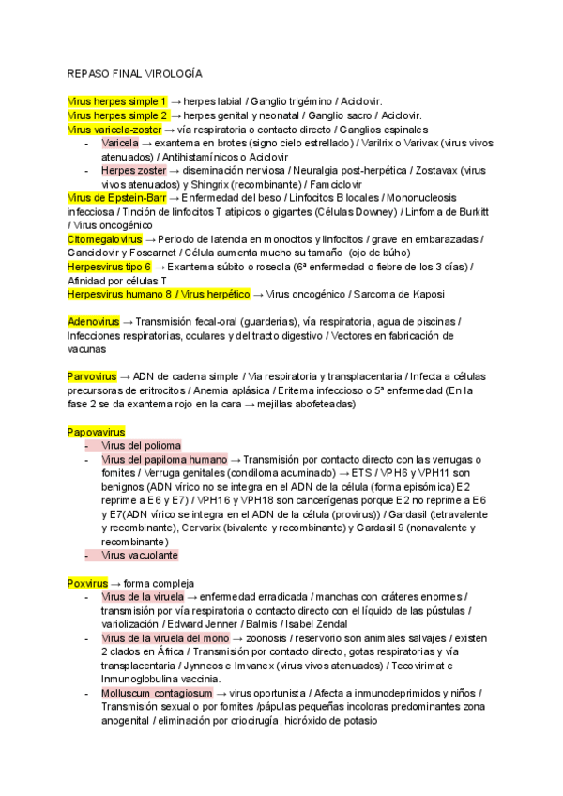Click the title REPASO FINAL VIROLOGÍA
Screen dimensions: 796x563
coord(134,72)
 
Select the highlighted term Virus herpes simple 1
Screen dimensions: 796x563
coord(117,101)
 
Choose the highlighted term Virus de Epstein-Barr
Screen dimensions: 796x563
coord(116,198)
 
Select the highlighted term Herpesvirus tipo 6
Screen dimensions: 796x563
coord(110,267)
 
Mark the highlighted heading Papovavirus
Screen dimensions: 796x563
coord(97,431)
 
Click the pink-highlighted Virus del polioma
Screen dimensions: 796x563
coord(141,445)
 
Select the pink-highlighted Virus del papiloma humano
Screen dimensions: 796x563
coord(163,459)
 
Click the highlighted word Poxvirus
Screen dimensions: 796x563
coord(88,583)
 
